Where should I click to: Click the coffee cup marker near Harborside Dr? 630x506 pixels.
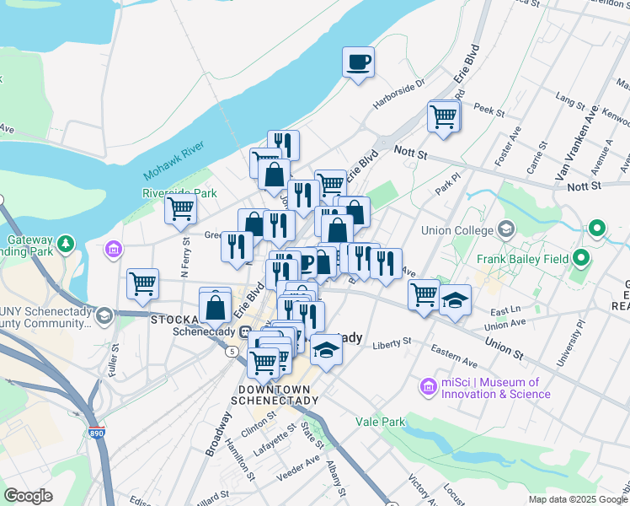[359, 62]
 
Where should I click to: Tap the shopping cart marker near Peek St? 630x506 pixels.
[443, 116]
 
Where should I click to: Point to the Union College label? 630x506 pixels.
[461, 230]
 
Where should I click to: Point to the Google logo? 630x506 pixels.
[28, 495]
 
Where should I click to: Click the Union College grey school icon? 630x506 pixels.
[505, 229]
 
